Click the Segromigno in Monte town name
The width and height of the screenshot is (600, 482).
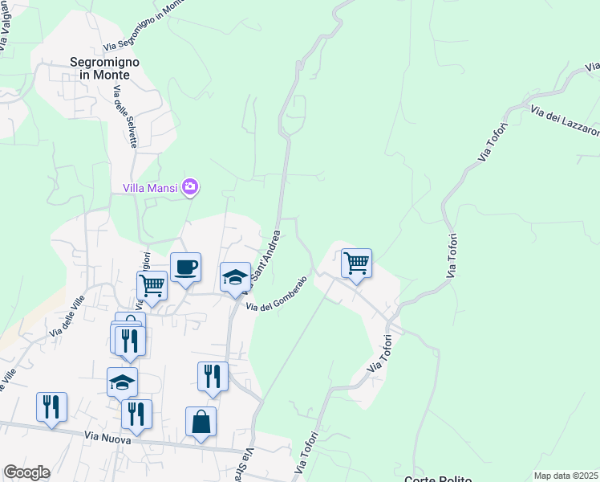point(105,67)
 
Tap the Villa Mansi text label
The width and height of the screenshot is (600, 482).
point(151,188)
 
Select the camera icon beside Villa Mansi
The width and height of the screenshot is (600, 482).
point(190,187)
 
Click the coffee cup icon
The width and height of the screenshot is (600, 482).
point(185,268)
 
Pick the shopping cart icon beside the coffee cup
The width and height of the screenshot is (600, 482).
point(152,284)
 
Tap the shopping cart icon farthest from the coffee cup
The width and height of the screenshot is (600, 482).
point(355,263)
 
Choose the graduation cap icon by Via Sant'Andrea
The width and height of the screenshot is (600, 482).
point(235,277)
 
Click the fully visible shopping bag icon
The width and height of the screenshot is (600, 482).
point(201,422)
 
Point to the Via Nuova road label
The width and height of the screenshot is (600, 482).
point(107,437)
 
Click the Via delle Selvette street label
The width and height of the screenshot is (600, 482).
point(125,116)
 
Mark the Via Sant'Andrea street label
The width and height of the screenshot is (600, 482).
point(265,258)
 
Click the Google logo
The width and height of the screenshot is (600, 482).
point(26,472)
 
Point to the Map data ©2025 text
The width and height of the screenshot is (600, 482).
point(566,476)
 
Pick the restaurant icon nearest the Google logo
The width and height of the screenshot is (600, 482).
point(51,406)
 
